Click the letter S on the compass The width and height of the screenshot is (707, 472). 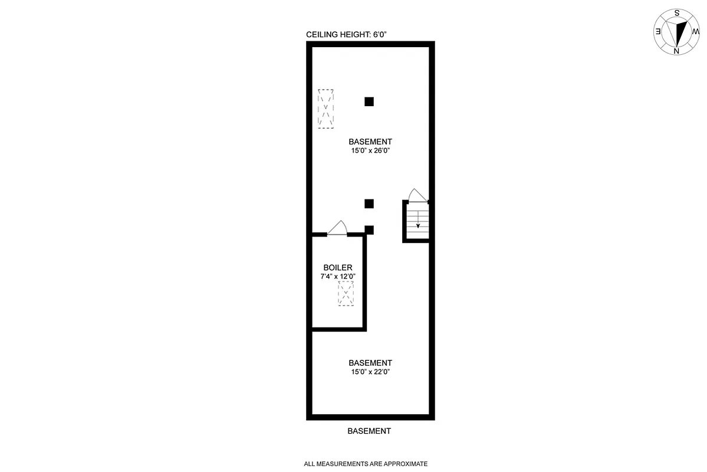pyautogui.click(x=677, y=12)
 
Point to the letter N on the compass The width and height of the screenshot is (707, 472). pyautogui.click(x=676, y=51)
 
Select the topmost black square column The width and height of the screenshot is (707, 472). pyautogui.click(x=369, y=101)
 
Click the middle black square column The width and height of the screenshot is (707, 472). pyautogui.click(x=369, y=204)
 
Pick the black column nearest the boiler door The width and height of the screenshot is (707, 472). pyautogui.click(x=369, y=230)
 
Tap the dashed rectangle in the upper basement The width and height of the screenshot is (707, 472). pyautogui.click(x=325, y=109)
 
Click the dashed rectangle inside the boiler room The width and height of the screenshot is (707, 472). pyautogui.click(x=346, y=293)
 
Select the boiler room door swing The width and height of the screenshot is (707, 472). pyautogui.click(x=338, y=228)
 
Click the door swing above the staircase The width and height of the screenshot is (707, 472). pyautogui.click(x=417, y=195)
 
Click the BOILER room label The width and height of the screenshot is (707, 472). pyautogui.click(x=338, y=268)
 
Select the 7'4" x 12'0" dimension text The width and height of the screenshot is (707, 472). pyautogui.click(x=338, y=276)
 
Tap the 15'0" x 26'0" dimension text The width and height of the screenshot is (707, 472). pyautogui.click(x=370, y=150)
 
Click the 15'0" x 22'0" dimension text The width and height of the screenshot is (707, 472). pyautogui.click(x=370, y=372)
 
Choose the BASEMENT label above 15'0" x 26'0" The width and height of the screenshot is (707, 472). pyautogui.click(x=370, y=142)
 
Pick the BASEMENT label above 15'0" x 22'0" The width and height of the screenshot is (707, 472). pyautogui.click(x=370, y=363)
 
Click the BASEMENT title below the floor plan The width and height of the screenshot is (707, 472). pyautogui.click(x=369, y=431)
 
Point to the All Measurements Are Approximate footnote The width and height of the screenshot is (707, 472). pyautogui.click(x=366, y=464)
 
